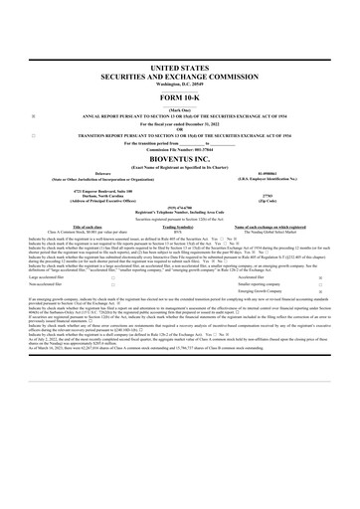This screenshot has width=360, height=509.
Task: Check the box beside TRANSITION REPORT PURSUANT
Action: click(x=34, y=133)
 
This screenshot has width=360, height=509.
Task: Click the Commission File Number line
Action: click(x=179, y=148)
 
